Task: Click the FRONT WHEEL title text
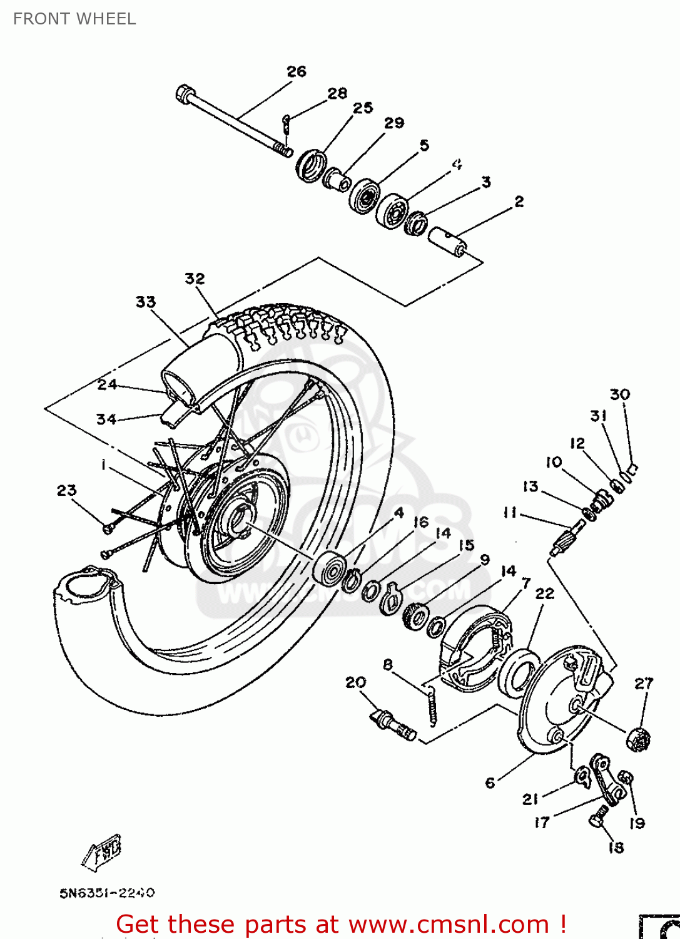point(74,19)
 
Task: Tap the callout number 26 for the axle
point(297,71)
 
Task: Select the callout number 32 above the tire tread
point(195,278)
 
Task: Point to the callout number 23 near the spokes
point(66,490)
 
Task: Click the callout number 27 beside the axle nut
point(644,684)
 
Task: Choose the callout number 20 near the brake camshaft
point(355,682)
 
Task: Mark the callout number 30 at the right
point(619,394)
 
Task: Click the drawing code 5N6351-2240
point(107,893)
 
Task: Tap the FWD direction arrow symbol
point(102,852)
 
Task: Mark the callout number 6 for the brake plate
point(490,782)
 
